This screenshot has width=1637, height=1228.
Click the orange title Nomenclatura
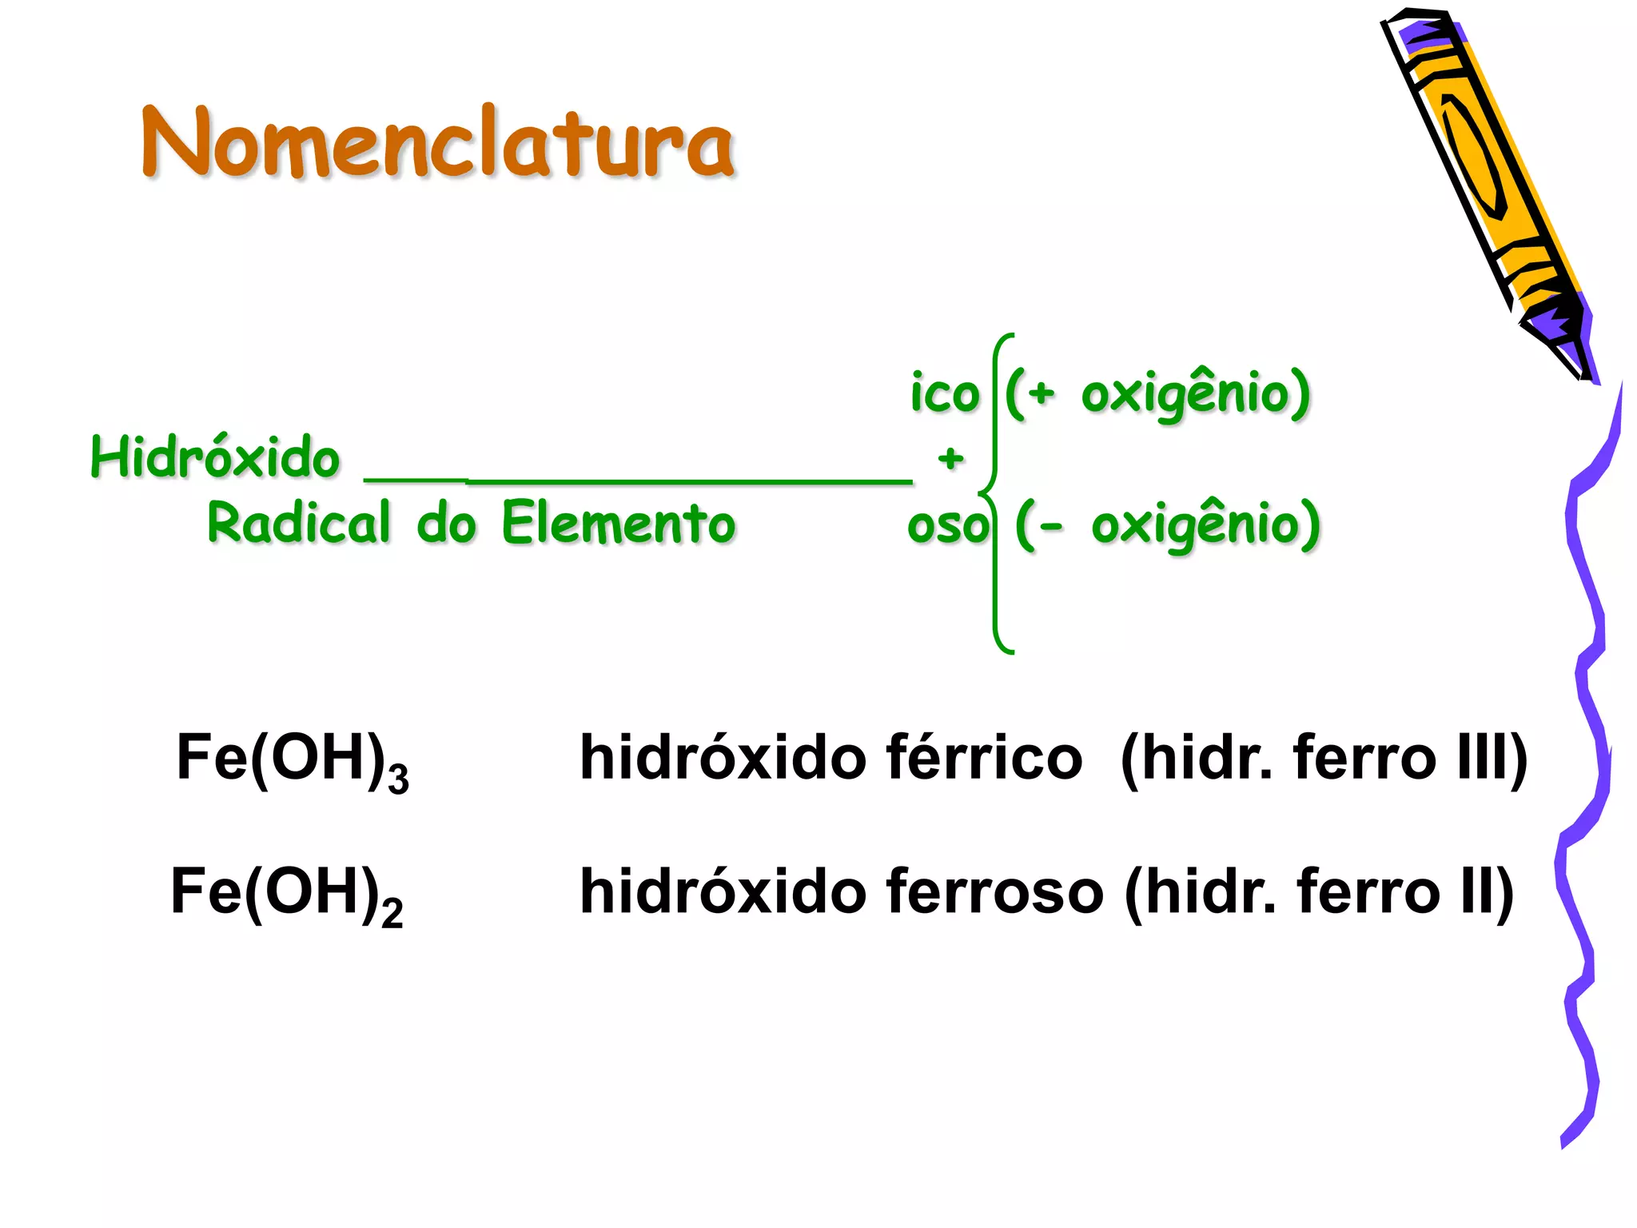click(x=437, y=144)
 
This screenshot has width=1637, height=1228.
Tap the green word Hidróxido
click(x=215, y=457)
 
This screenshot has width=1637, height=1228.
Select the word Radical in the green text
click(x=299, y=523)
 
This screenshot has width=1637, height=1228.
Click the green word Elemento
click(x=619, y=523)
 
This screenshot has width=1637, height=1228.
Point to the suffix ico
click(x=945, y=393)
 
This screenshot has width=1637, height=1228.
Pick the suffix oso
click(x=947, y=526)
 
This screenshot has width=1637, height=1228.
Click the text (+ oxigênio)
click(x=1157, y=393)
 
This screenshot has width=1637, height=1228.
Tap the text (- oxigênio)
click(x=1167, y=524)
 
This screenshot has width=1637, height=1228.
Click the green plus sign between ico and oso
click(x=950, y=458)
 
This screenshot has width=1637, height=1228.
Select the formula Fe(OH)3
click(x=292, y=760)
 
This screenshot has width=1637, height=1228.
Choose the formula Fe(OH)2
click(x=286, y=894)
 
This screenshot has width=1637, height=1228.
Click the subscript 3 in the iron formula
click(x=398, y=779)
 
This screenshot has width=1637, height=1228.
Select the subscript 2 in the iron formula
click(x=392, y=913)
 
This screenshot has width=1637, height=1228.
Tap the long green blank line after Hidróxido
click(x=638, y=480)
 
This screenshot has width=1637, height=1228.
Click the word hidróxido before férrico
click(x=723, y=757)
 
